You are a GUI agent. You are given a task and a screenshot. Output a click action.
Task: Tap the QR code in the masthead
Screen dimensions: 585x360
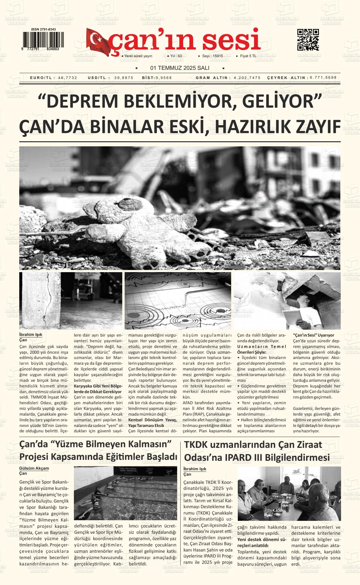pos(308,40)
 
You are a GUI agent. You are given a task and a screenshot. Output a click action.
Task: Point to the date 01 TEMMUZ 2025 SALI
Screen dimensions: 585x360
pos(180,68)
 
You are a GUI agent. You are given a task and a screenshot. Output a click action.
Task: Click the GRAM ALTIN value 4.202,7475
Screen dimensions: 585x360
pos(247,78)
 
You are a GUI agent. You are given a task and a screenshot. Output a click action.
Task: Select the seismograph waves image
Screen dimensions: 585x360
pos(178,301)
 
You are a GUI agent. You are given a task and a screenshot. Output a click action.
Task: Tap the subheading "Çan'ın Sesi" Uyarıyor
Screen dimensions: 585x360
pos(314,335)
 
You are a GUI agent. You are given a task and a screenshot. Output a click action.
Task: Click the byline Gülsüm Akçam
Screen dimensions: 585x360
pos(34,468)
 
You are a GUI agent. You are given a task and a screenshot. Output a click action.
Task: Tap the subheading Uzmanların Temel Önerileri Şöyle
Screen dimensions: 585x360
pos(261,349)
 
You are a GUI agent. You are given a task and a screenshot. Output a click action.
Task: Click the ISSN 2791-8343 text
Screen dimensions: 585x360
pos(44,29)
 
